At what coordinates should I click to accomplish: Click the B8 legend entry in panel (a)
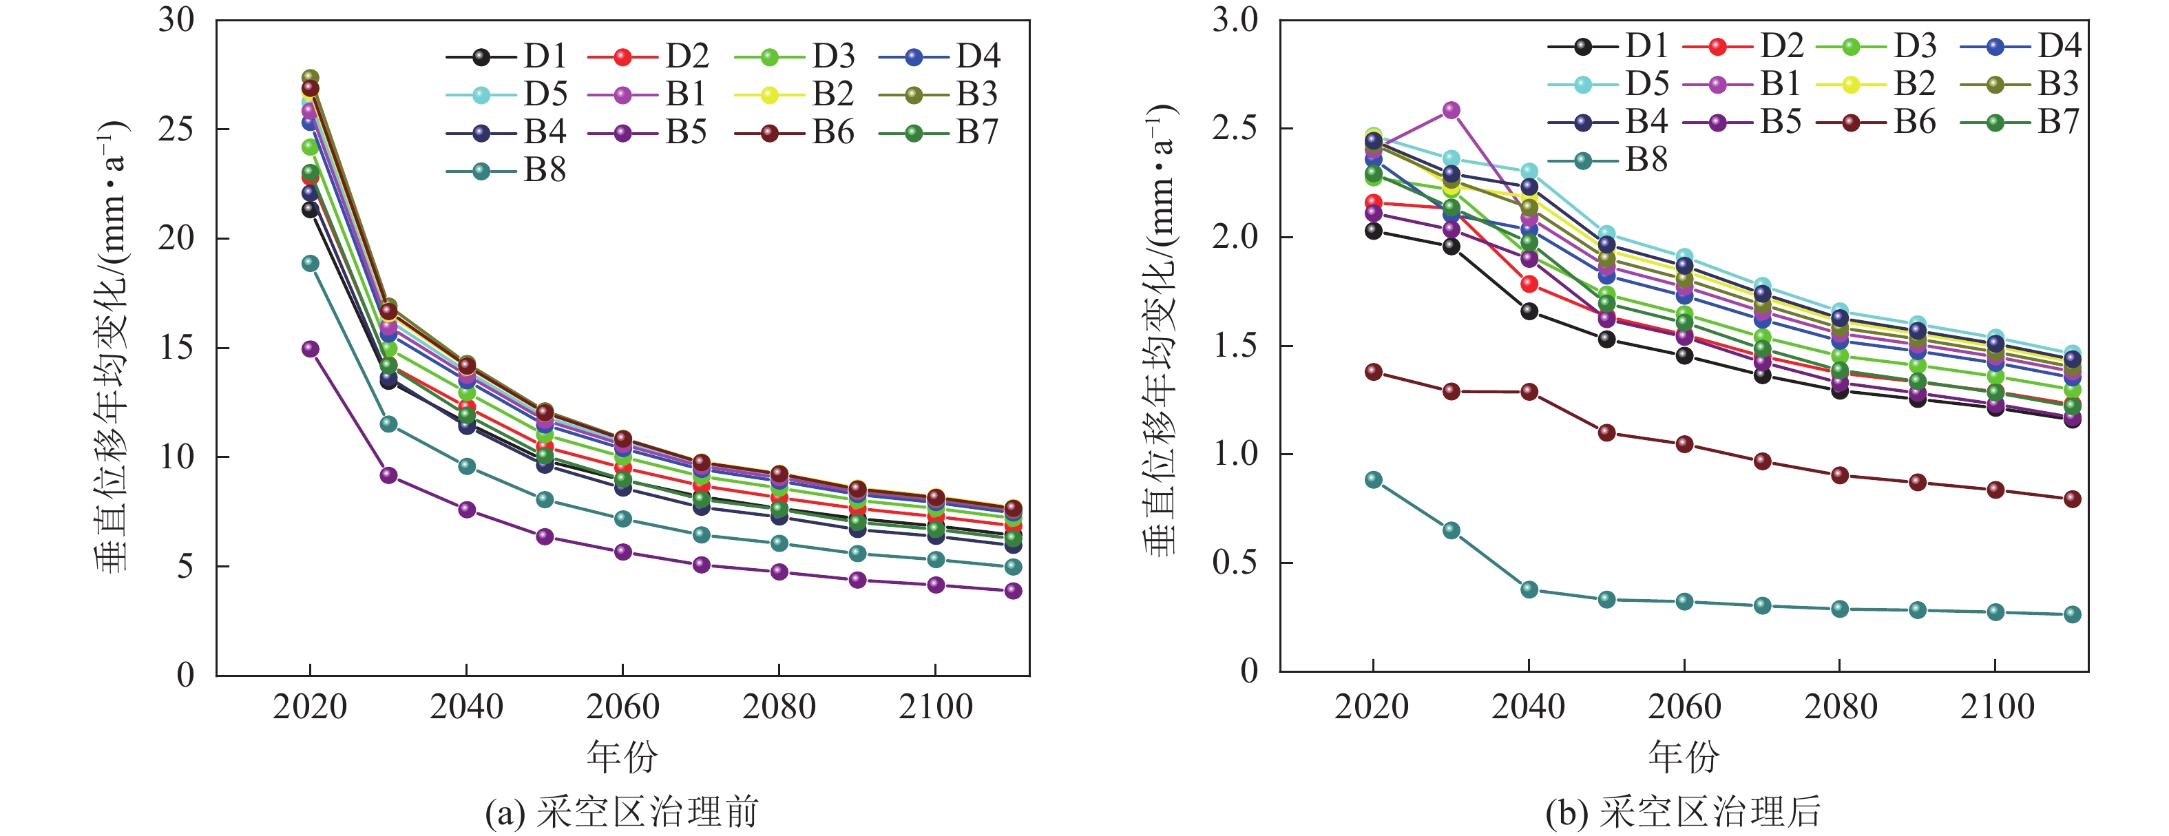click(x=506, y=171)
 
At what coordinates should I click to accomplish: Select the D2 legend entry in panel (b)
click(x=1743, y=45)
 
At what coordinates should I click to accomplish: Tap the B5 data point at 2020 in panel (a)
click(x=311, y=348)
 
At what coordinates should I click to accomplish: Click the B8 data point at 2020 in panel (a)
click(x=311, y=264)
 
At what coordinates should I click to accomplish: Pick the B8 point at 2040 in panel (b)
click(x=1529, y=589)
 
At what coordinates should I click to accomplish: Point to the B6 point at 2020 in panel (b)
click(x=1373, y=372)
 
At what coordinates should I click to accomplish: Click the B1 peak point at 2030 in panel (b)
click(x=1452, y=110)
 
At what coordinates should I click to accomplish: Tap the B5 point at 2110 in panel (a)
click(x=1013, y=591)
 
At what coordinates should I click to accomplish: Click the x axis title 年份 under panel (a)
click(x=622, y=756)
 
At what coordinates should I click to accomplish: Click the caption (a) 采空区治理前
click(x=622, y=813)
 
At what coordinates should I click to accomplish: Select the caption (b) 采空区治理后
click(x=1684, y=813)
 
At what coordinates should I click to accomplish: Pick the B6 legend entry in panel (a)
click(x=794, y=133)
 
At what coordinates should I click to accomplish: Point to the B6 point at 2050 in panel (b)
click(x=1606, y=432)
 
